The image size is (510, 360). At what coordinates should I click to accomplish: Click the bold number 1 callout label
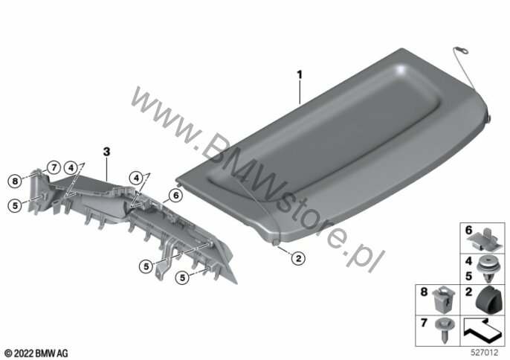pos(300,75)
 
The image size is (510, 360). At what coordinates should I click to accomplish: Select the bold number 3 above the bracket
pos(107,152)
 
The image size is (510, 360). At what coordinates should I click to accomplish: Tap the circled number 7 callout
pos(54,168)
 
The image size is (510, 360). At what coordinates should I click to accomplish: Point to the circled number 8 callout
pos(15,181)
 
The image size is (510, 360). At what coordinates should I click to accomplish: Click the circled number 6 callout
pos(175,196)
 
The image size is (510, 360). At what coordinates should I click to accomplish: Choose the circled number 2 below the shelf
pos(298,258)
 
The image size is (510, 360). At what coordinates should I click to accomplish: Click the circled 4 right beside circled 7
pos(71,168)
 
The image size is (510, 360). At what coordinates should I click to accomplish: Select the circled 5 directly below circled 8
pos(15,206)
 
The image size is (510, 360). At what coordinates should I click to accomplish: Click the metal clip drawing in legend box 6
pos(484,240)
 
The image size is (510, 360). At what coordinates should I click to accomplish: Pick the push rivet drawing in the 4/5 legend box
pos(488,269)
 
